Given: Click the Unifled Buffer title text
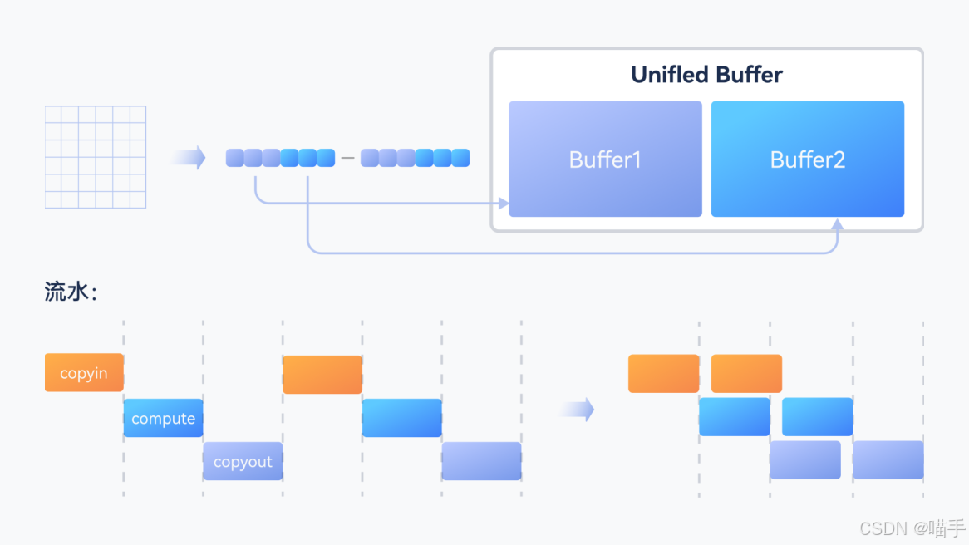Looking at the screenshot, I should point(706,75).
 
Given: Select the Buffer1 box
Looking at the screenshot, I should point(605,159).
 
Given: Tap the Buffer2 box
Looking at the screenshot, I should point(807,159).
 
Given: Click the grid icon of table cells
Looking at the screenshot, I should point(96,157).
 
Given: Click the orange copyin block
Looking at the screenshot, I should point(84,373).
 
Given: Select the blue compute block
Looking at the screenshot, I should point(163,418).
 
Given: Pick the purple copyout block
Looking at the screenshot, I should point(243,461).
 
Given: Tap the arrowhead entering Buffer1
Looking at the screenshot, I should point(503,203).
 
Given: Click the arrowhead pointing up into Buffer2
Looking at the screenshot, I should point(837,224).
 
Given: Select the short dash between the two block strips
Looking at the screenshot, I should point(347,158).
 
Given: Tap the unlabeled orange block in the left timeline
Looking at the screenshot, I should point(322,375).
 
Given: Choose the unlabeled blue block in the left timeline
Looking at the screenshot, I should point(401,418).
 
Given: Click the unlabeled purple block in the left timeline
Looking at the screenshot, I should point(481,461).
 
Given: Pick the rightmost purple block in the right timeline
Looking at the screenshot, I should point(888,459).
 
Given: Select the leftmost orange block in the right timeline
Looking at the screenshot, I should point(663,373).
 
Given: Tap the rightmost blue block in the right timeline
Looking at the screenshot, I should point(817,416).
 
